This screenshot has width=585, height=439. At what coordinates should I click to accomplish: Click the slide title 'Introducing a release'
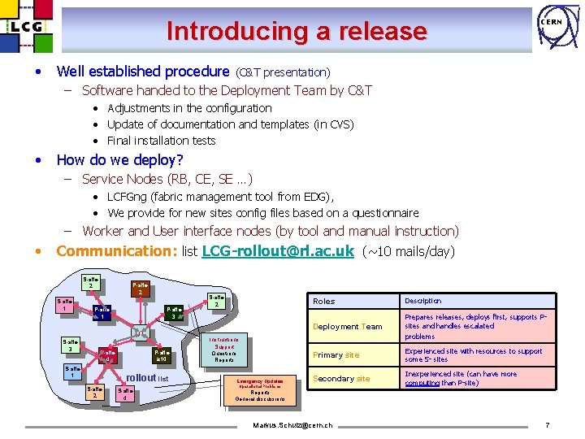coord(297,32)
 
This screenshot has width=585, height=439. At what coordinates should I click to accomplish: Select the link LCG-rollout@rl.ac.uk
coord(277,251)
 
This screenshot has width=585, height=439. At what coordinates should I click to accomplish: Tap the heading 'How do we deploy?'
coord(120,159)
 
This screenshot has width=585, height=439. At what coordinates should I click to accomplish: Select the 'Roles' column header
coord(323,302)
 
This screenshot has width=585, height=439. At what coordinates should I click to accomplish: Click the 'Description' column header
coord(423,301)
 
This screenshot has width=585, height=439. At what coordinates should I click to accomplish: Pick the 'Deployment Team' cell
coord(348,327)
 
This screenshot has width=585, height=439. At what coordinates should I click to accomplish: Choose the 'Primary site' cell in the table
coord(336,355)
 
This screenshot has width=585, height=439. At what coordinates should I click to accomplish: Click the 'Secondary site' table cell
coord(341,379)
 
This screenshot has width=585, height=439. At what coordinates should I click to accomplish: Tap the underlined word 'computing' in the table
coord(422,383)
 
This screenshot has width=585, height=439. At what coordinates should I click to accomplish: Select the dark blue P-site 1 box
coord(102,311)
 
